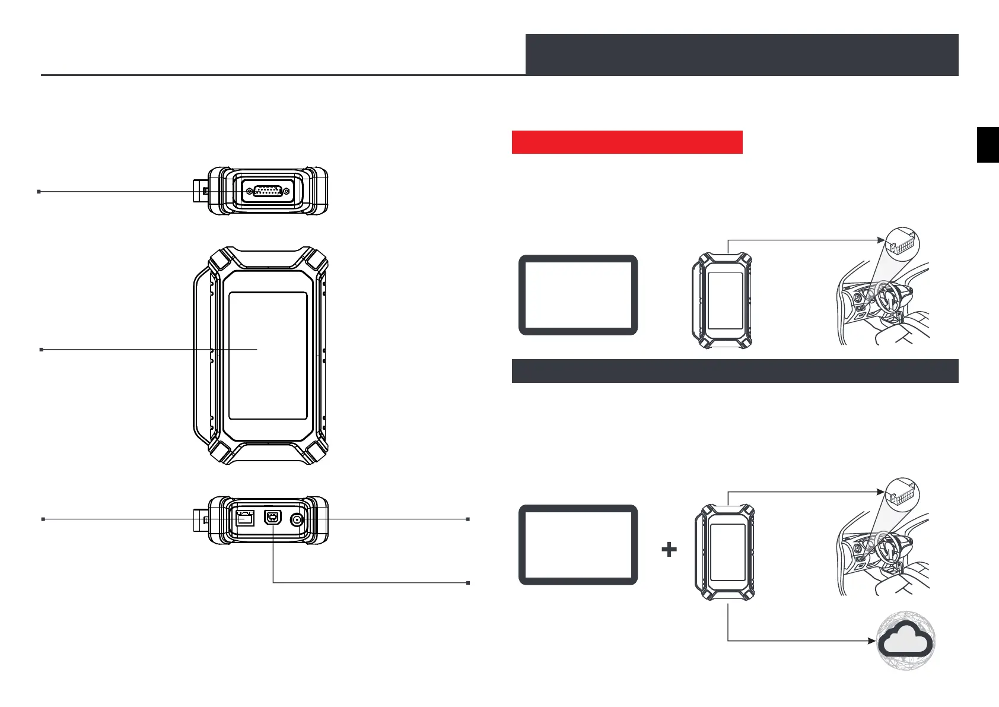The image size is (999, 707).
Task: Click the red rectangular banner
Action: click(x=627, y=142)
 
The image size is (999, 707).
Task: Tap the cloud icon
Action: click(x=906, y=642)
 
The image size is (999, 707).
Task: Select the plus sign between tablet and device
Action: click(x=669, y=550)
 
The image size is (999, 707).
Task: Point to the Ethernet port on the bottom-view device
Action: click(x=244, y=519)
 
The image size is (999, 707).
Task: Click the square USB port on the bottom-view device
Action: click(x=273, y=519)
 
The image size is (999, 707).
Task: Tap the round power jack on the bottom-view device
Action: click(x=297, y=520)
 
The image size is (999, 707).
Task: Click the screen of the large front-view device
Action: click(x=268, y=355)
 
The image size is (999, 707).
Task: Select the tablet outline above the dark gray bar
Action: click(x=578, y=295)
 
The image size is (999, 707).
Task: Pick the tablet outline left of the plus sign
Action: click(x=578, y=545)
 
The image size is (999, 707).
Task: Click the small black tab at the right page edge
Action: click(x=988, y=144)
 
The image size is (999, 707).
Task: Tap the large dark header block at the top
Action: click(x=742, y=55)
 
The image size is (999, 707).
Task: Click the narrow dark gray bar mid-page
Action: click(x=735, y=371)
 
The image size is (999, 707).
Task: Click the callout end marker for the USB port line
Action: click(x=468, y=583)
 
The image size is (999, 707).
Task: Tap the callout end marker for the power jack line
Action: click(x=468, y=519)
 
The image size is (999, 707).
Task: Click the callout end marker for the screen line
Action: click(x=41, y=350)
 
